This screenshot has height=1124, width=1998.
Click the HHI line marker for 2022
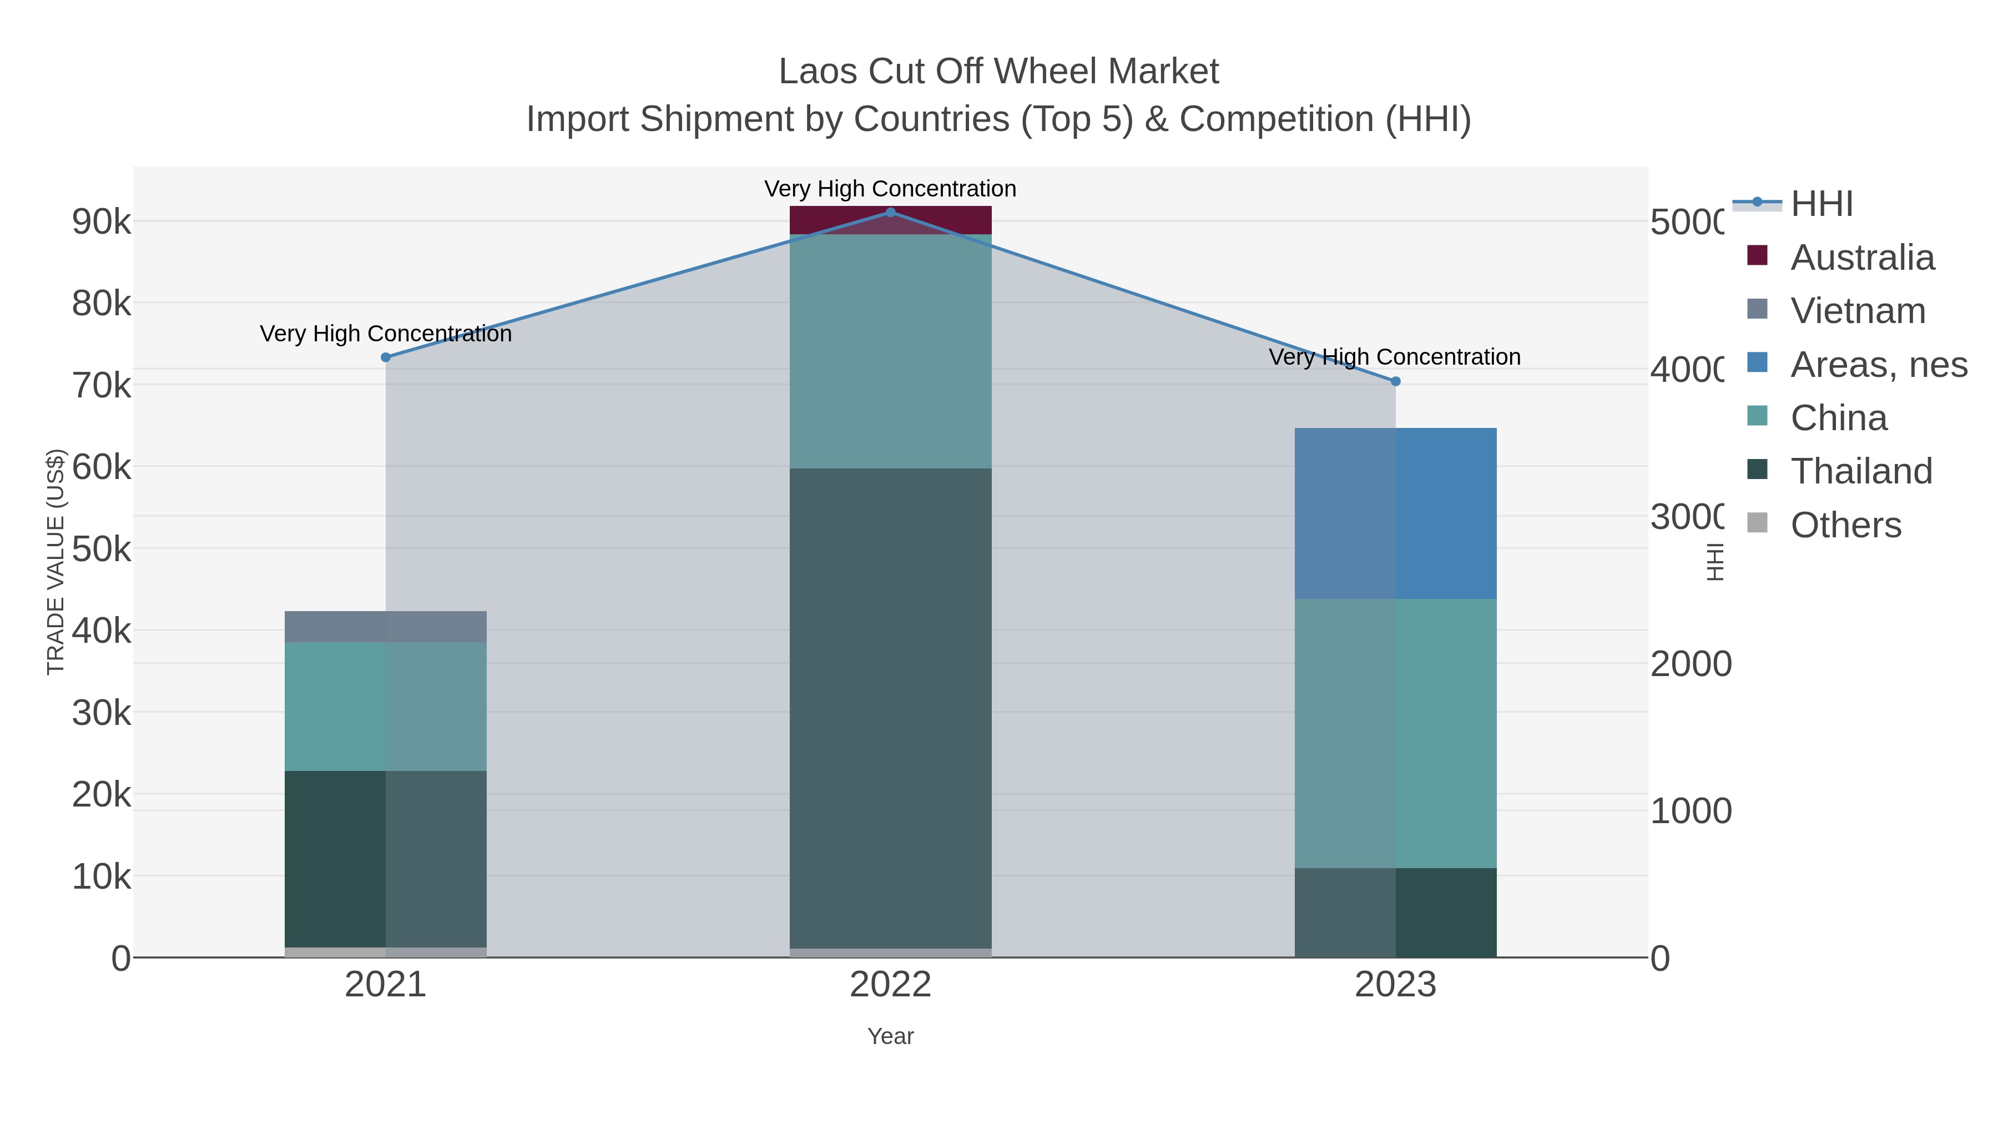890,213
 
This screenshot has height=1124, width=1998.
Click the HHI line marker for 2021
386,357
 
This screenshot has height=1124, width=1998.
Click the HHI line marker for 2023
1395,382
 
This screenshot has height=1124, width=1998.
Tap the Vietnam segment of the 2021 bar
386,627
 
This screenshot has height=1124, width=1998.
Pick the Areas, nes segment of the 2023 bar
1395,513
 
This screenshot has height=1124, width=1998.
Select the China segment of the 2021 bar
386,706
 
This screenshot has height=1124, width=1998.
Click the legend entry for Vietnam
1858,311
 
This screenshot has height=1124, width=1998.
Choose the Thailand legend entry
1861,472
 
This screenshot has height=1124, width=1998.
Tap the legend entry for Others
1845,525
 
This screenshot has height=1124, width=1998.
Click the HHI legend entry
1820,204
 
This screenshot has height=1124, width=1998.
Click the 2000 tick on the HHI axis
1690,664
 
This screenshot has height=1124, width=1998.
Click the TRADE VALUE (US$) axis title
56,562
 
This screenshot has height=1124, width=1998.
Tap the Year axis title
890,1036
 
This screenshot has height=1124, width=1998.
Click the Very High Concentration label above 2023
1394,357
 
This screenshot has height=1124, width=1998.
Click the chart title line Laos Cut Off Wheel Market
998,72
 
